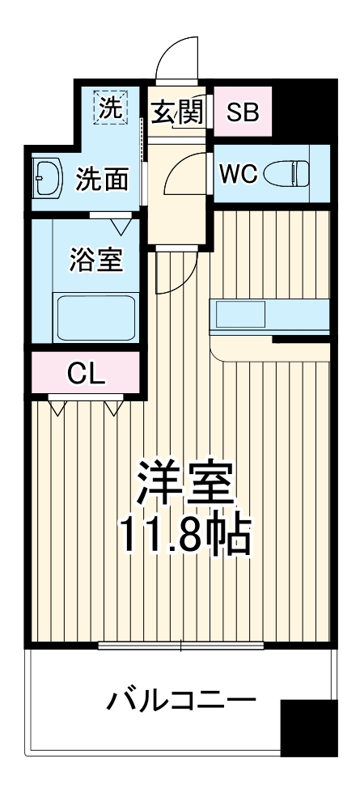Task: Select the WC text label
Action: [x=238, y=172]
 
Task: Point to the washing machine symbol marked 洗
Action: [x=109, y=108]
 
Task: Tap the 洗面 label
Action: [x=102, y=180]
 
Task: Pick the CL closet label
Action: [x=86, y=374]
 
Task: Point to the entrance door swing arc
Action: [x=173, y=57]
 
